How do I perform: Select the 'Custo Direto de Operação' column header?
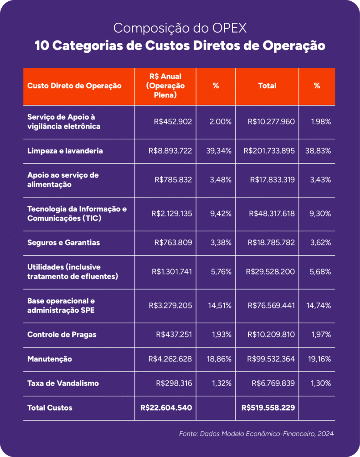click(75, 86)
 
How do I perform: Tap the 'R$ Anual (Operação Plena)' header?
click(165, 86)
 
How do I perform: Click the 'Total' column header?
click(267, 86)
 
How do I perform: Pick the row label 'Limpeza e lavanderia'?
click(65, 151)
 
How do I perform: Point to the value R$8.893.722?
click(170, 151)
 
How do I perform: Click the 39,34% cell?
click(219, 151)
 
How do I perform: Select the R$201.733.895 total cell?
click(269, 151)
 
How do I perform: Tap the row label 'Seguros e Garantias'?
click(63, 242)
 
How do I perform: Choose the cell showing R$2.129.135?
click(172, 214)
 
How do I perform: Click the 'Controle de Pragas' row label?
click(62, 334)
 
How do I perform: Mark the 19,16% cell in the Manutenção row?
click(319, 359)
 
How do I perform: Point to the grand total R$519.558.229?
click(268, 407)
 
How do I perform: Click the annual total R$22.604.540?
click(166, 407)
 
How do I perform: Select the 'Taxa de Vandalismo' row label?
click(63, 383)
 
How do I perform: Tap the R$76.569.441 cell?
click(271, 305)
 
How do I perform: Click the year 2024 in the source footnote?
click(326, 434)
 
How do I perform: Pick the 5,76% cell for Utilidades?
click(221, 272)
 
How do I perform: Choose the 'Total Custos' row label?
click(50, 407)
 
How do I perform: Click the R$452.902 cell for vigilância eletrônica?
click(173, 121)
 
